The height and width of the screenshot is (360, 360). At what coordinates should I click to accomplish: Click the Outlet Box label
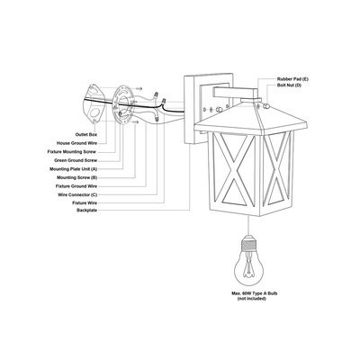(86, 135)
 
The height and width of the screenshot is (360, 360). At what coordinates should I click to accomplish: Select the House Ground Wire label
(76, 143)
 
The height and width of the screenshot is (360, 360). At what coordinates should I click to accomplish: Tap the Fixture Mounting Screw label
(72, 152)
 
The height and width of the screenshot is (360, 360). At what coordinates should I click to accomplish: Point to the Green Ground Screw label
(76, 160)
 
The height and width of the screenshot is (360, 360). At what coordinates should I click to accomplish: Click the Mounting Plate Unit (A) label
(73, 169)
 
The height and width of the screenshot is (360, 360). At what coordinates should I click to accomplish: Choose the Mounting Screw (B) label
(76, 177)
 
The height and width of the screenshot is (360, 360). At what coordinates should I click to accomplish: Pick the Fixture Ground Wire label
(76, 186)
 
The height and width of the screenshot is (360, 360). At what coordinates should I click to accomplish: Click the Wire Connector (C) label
(77, 195)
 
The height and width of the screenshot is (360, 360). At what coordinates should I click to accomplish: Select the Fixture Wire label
(85, 203)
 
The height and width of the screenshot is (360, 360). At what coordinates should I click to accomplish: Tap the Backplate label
(86, 211)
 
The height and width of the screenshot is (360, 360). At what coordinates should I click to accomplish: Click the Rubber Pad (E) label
(292, 79)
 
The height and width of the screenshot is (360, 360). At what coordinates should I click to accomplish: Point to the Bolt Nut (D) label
(289, 85)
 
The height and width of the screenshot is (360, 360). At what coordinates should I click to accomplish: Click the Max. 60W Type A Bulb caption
(254, 293)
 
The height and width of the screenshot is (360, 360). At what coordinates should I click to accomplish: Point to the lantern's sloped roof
(251, 118)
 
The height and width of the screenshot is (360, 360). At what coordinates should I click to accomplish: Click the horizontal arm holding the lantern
(236, 92)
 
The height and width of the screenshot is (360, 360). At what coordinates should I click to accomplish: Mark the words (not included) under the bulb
(252, 299)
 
